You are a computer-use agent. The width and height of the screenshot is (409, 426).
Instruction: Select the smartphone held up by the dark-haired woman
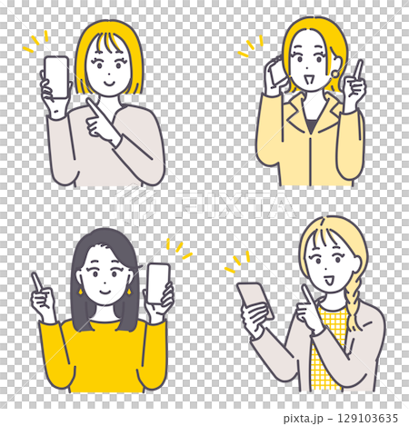pos(158,284)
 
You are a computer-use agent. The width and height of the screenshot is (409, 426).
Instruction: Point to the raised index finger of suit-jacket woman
pos(358,70)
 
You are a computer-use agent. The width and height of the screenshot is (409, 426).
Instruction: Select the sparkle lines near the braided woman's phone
pos(235,261)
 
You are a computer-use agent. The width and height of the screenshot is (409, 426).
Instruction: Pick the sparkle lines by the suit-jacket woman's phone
pos(250,47)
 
